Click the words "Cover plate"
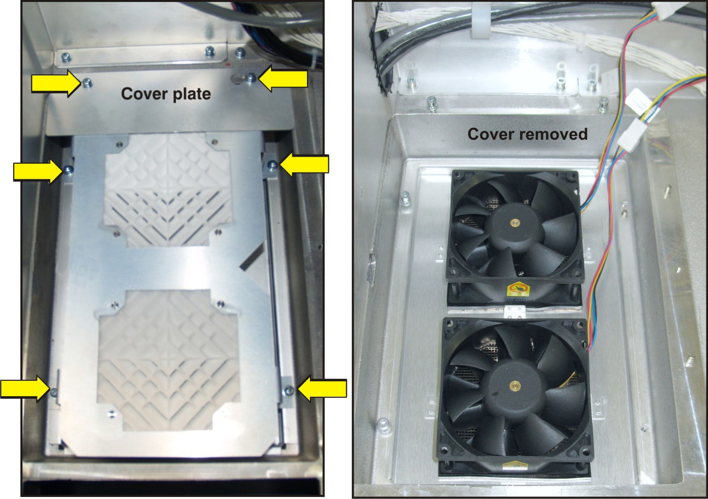pos(166,94)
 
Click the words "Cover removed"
pos(528,134)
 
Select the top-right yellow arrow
pos(283,79)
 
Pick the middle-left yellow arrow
pos(38,172)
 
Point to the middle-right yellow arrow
pos(304,164)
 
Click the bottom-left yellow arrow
pos(25,389)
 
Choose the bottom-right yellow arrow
pos(322,389)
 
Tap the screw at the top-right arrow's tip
pos(251,77)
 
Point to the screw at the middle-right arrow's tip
pos(272,164)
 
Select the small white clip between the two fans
pos(515,311)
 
